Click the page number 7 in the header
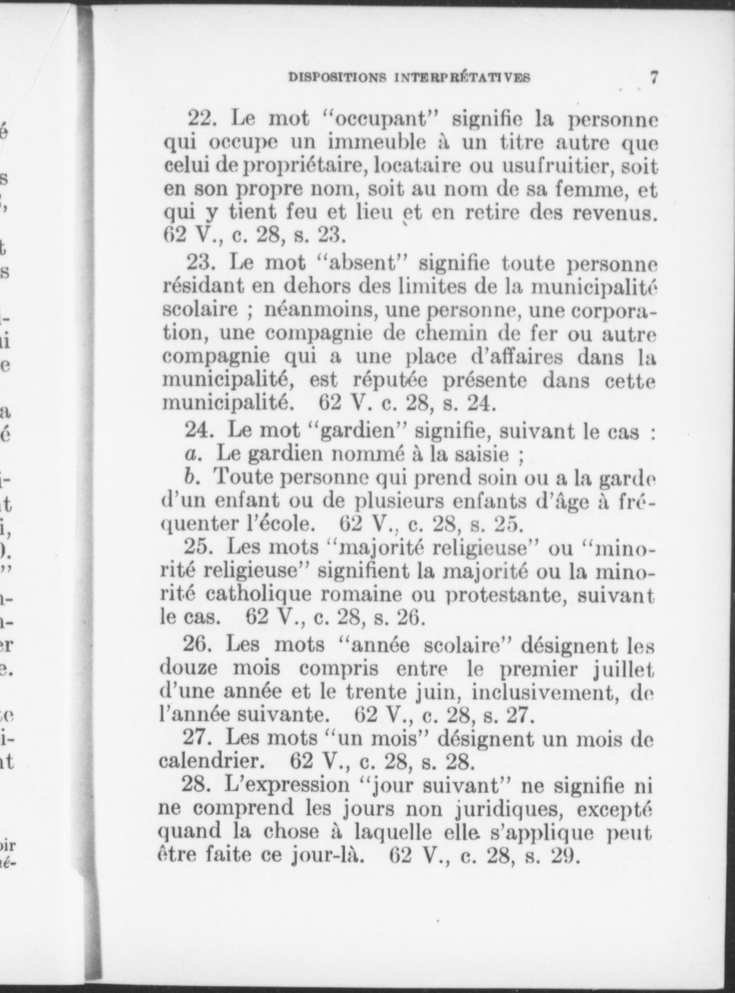click(x=654, y=78)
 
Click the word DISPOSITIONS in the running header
click(x=338, y=78)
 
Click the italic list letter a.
click(x=191, y=455)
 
